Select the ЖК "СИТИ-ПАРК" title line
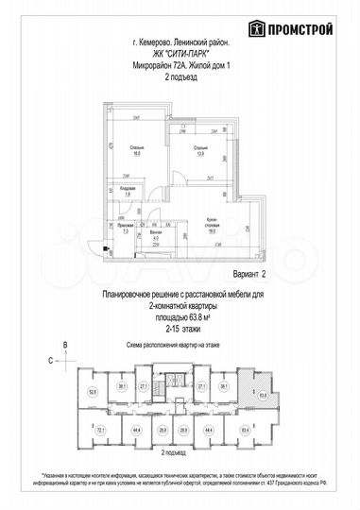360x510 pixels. (x=180, y=54)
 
